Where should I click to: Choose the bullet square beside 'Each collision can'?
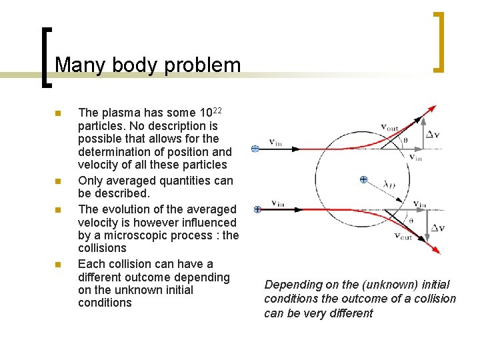58,265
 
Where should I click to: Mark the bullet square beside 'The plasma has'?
58,113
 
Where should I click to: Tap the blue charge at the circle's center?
363,180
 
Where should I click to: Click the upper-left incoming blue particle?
255,149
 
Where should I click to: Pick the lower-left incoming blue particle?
257,209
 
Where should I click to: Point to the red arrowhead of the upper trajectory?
433,108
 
